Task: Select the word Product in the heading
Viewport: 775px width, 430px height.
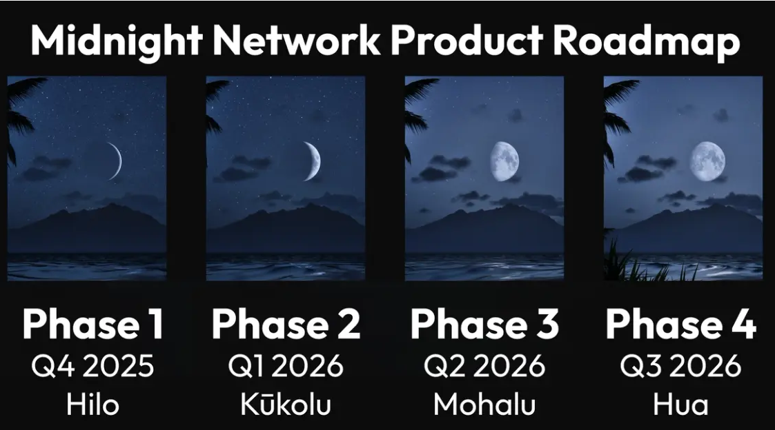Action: [467, 39]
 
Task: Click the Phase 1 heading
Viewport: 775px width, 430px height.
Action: [93, 324]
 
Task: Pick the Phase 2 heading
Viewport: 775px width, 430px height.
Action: [286, 324]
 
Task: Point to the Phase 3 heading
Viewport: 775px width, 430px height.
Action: [485, 324]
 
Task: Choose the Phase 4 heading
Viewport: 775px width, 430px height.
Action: [681, 324]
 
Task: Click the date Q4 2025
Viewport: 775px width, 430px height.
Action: [93, 367]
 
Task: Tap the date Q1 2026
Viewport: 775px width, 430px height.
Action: [286, 367]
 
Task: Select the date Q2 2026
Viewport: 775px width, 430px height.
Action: [484, 367]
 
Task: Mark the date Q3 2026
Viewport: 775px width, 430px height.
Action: [680, 367]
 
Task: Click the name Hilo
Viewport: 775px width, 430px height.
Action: [93, 405]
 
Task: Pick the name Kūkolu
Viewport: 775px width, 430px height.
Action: [286, 403]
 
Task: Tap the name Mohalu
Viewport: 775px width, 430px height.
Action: [484, 405]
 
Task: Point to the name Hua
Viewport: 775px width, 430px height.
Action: [680, 405]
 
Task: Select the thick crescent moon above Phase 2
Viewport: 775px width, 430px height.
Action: [314, 161]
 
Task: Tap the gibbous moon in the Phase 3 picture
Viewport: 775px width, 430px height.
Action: [504, 161]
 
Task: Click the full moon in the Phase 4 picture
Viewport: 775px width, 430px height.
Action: [708, 161]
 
